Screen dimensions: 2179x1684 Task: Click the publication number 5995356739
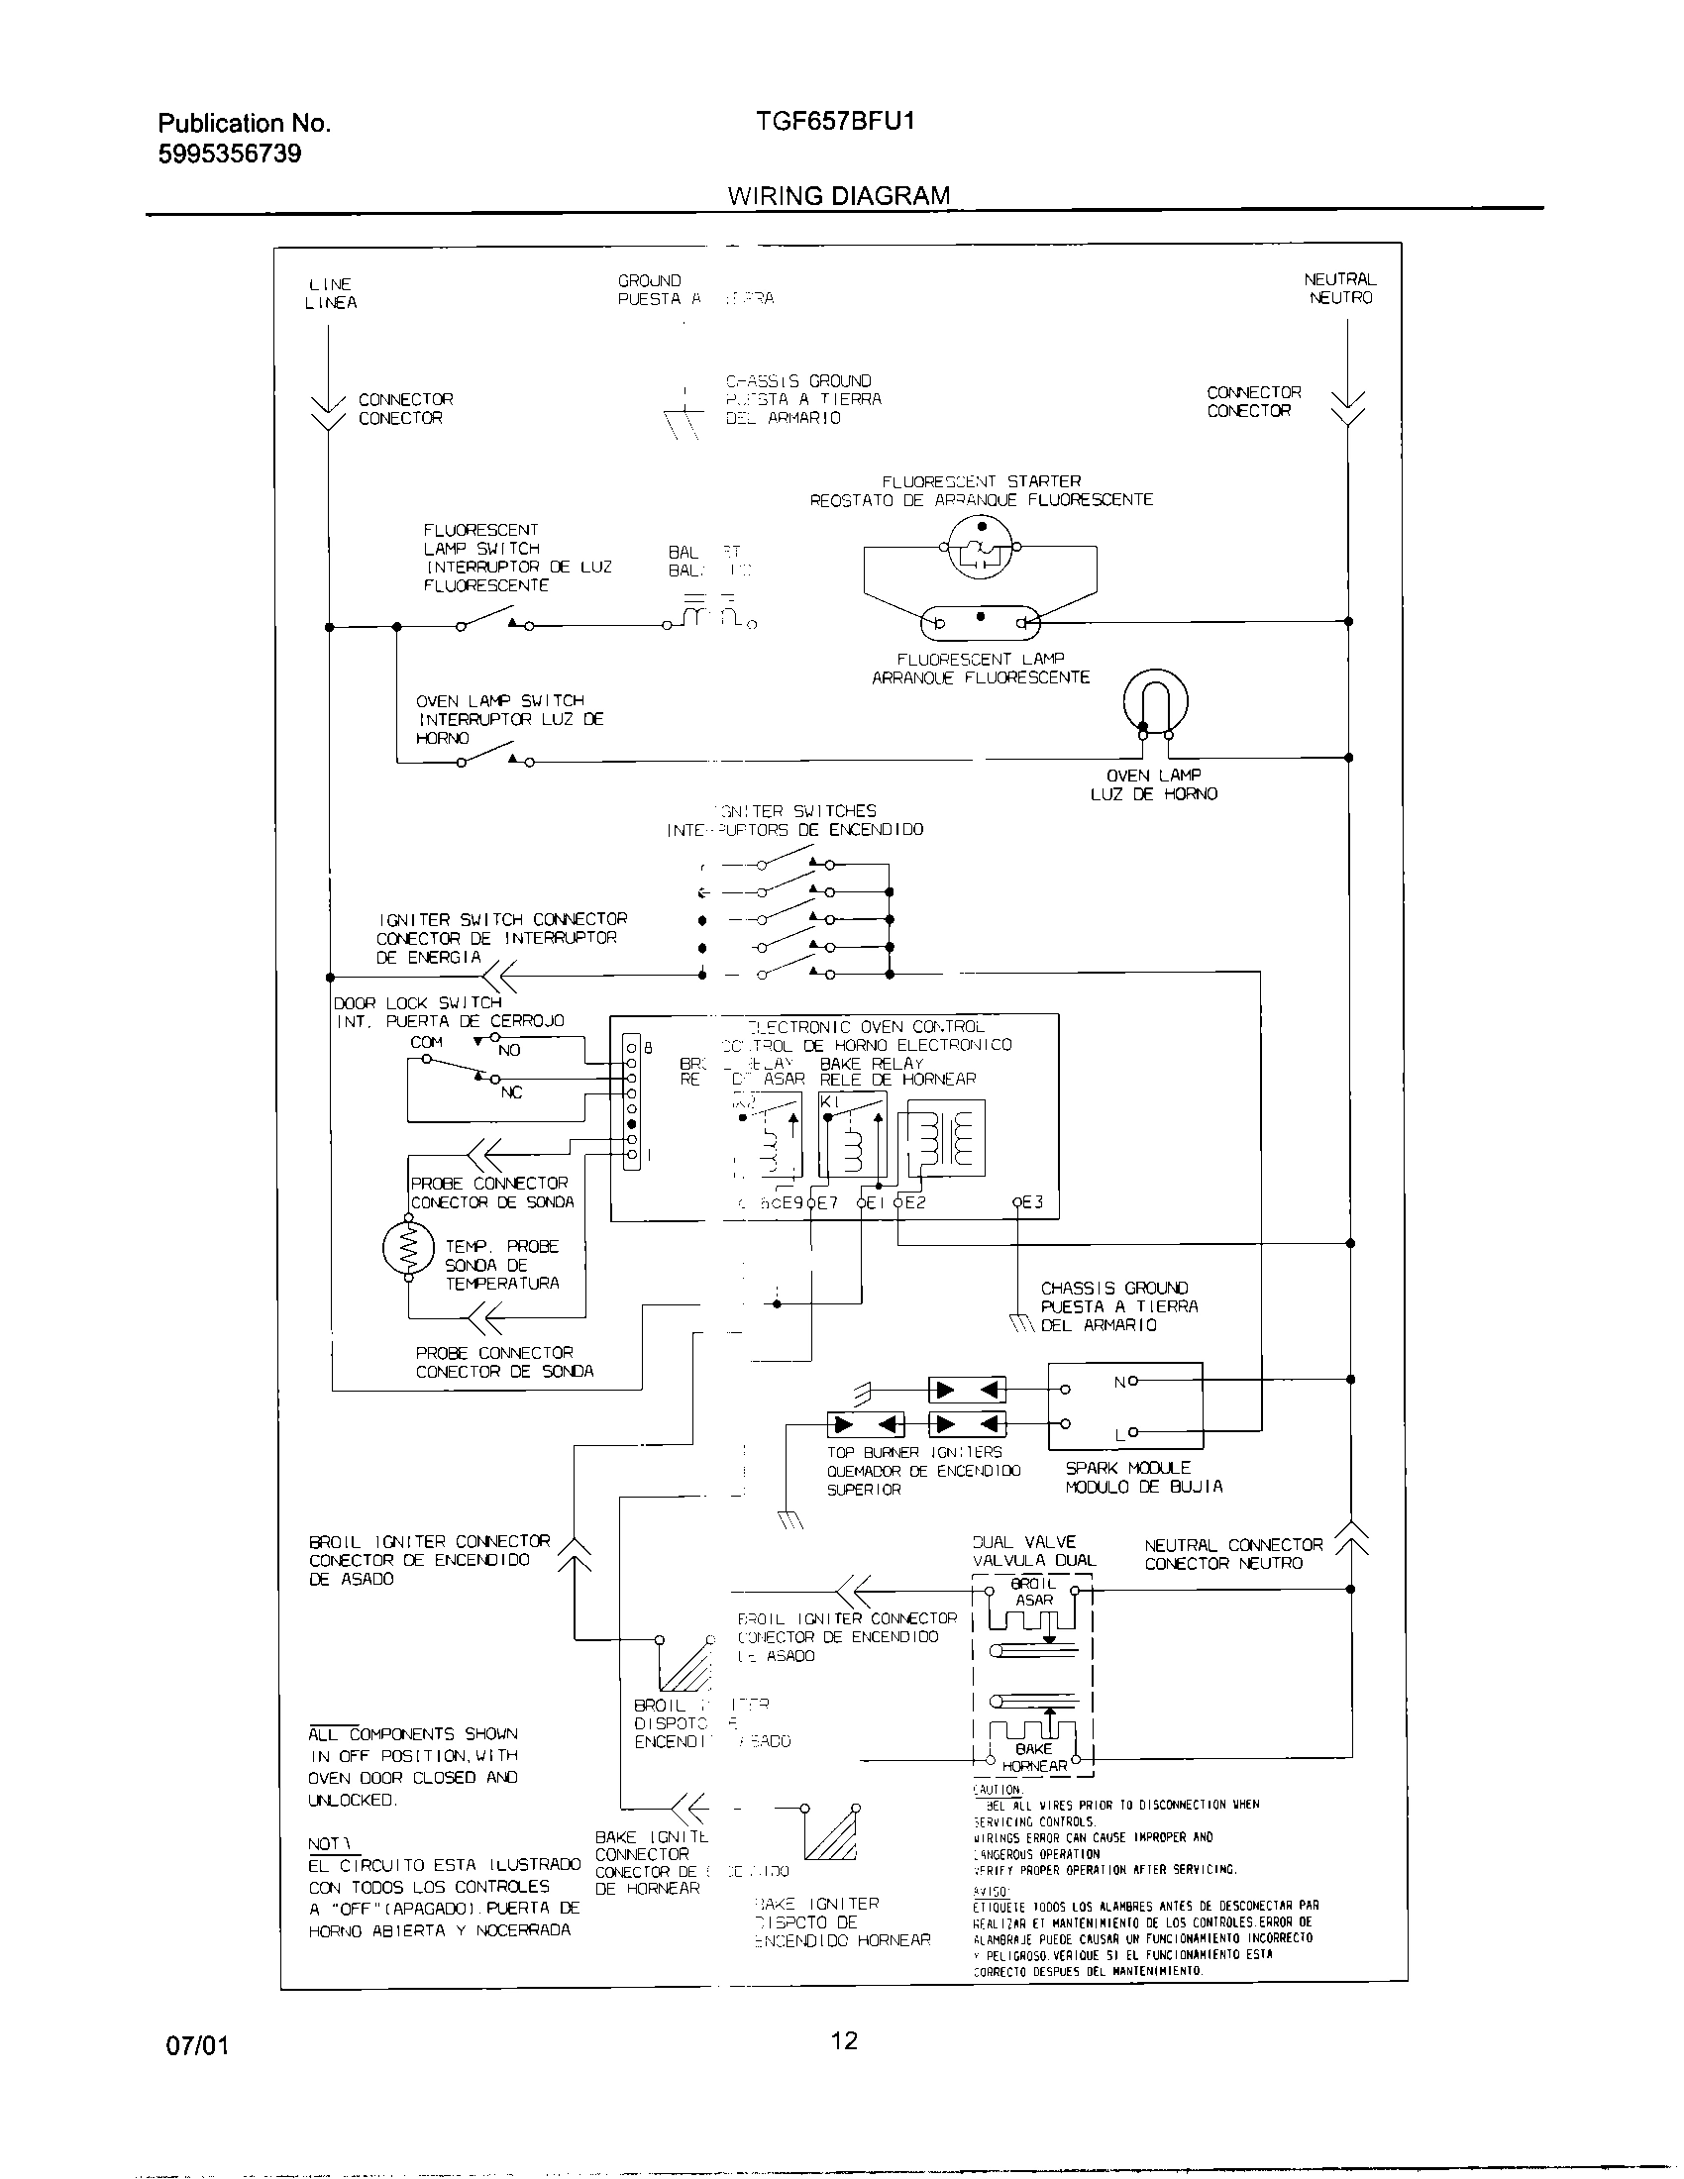tap(230, 154)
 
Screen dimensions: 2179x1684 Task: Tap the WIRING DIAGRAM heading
tap(838, 195)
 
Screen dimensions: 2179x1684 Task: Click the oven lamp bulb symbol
tap(1155, 700)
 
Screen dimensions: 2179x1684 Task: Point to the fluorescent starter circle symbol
tap(980, 548)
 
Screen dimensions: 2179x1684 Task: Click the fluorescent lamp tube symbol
tap(980, 624)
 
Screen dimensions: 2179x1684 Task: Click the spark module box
tap(1125, 1405)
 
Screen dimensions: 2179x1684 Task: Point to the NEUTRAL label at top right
tap(1340, 280)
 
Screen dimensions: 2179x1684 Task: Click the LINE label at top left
tap(330, 284)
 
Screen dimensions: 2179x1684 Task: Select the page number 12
tap(843, 2040)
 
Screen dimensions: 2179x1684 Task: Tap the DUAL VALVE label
tap(1024, 1541)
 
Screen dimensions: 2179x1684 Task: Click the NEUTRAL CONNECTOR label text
tap(1233, 1545)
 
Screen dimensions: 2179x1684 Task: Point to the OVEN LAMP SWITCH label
tap(500, 701)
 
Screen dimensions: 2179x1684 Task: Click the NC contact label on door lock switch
tap(511, 1092)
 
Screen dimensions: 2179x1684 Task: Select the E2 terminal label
tap(914, 1202)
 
